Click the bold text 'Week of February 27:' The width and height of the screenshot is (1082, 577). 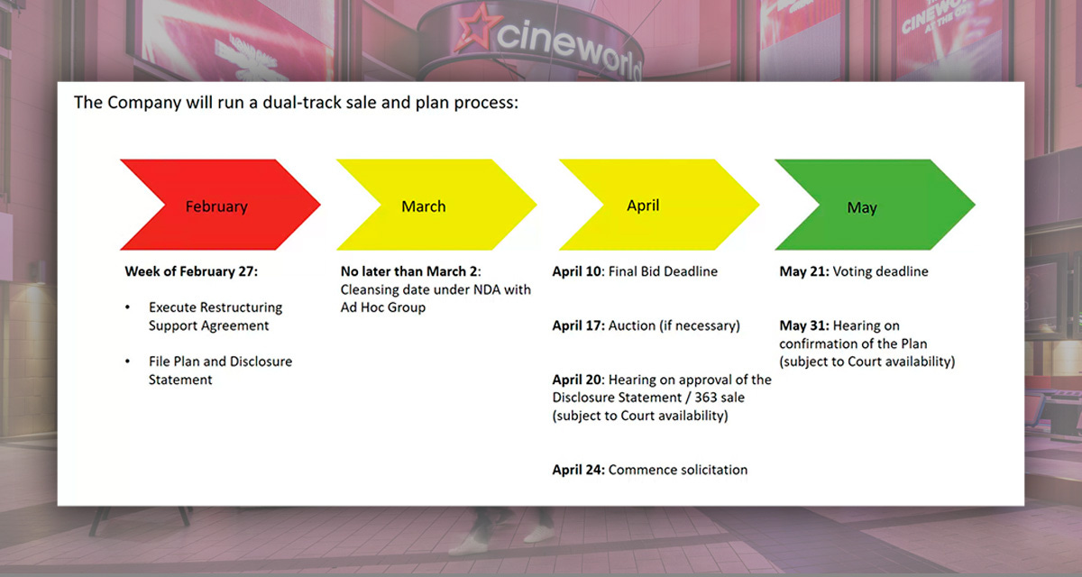[191, 271]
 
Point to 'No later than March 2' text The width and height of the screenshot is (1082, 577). [409, 271]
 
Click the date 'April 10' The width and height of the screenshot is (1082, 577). [578, 271]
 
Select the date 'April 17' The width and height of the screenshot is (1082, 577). [578, 325]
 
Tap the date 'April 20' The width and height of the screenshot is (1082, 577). [578, 380]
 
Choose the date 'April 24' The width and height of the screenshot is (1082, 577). [578, 470]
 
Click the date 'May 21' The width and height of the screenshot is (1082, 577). [803, 271]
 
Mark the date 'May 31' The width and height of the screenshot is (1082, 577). [803, 325]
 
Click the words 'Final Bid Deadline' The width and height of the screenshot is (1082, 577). [665, 271]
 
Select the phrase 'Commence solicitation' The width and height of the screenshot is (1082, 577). [678, 470]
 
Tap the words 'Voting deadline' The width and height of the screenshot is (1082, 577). [880, 271]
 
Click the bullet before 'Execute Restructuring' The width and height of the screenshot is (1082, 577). [128, 308]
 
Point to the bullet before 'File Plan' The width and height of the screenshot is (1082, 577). [128, 362]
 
